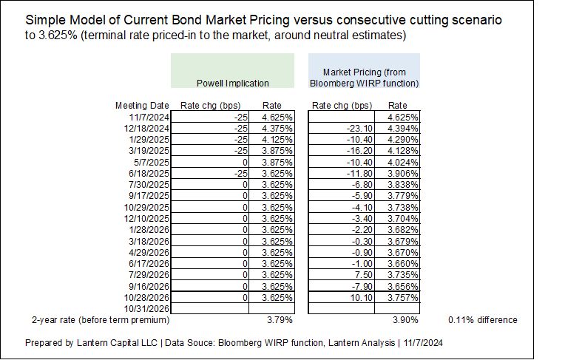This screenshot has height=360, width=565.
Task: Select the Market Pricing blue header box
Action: tap(363, 72)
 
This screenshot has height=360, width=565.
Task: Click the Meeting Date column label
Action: tap(142, 106)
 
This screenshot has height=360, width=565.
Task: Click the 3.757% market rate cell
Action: tap(405, 297)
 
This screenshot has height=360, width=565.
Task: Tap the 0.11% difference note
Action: tap(482, 320)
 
